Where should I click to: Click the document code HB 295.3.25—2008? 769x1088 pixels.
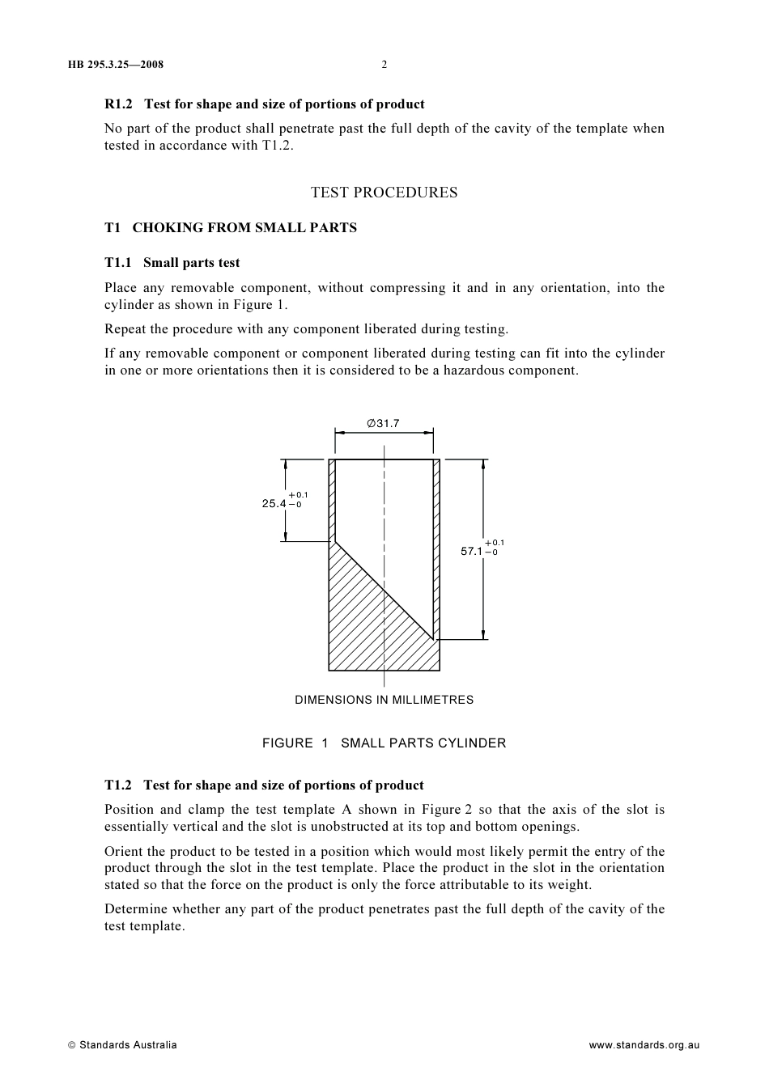coord(116,65)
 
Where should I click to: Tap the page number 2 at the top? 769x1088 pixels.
coord(384,65)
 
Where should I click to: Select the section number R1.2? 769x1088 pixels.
coord(118,104)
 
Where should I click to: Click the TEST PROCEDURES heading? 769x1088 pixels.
coord(384,193)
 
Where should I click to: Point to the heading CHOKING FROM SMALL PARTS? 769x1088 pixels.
coord(244,228)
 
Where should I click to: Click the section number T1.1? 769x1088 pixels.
coord(118,263)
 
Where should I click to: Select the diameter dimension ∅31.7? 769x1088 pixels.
coord(384,423)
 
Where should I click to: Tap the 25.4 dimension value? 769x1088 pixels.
coord(274,504)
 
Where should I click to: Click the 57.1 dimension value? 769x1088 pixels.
coord(472,552)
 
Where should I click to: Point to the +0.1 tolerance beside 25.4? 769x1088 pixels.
coord(299,495)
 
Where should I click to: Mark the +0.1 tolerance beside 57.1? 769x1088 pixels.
coord(495,543)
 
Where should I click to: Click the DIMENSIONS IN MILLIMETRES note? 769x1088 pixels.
coord(384,701)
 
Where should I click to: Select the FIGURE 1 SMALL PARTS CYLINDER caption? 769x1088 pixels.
coord(384,743)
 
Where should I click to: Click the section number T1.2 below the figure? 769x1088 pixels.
coord(118,785)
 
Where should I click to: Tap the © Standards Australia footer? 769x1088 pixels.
coord(122,1045)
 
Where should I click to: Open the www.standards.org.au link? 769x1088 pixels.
coord(644,1045)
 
